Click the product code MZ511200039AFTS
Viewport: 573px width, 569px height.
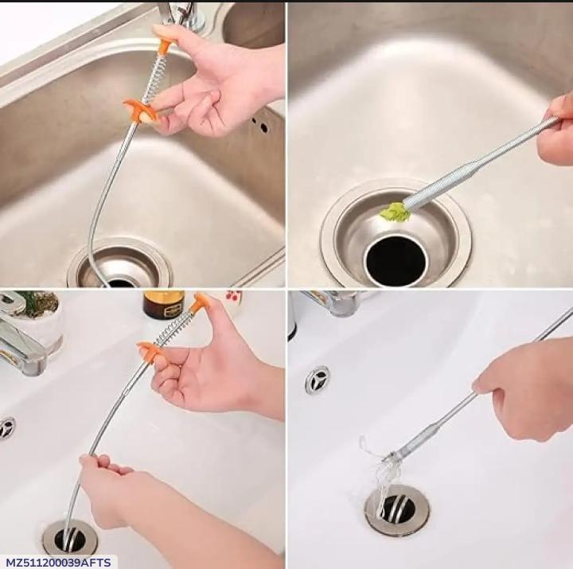click(58, 562)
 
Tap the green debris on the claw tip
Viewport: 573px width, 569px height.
click(394, 212)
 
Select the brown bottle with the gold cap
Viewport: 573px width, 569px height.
click(162, 304)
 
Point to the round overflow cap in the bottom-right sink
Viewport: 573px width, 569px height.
click(317, 380)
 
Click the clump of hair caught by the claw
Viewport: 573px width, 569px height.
click(380, 470)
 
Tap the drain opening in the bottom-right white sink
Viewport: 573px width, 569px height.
click(396, 509)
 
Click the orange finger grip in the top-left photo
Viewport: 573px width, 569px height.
click(139, 110)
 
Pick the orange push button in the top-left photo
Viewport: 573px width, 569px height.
click(166, 46)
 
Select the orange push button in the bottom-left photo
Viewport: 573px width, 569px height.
click(200, 302)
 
